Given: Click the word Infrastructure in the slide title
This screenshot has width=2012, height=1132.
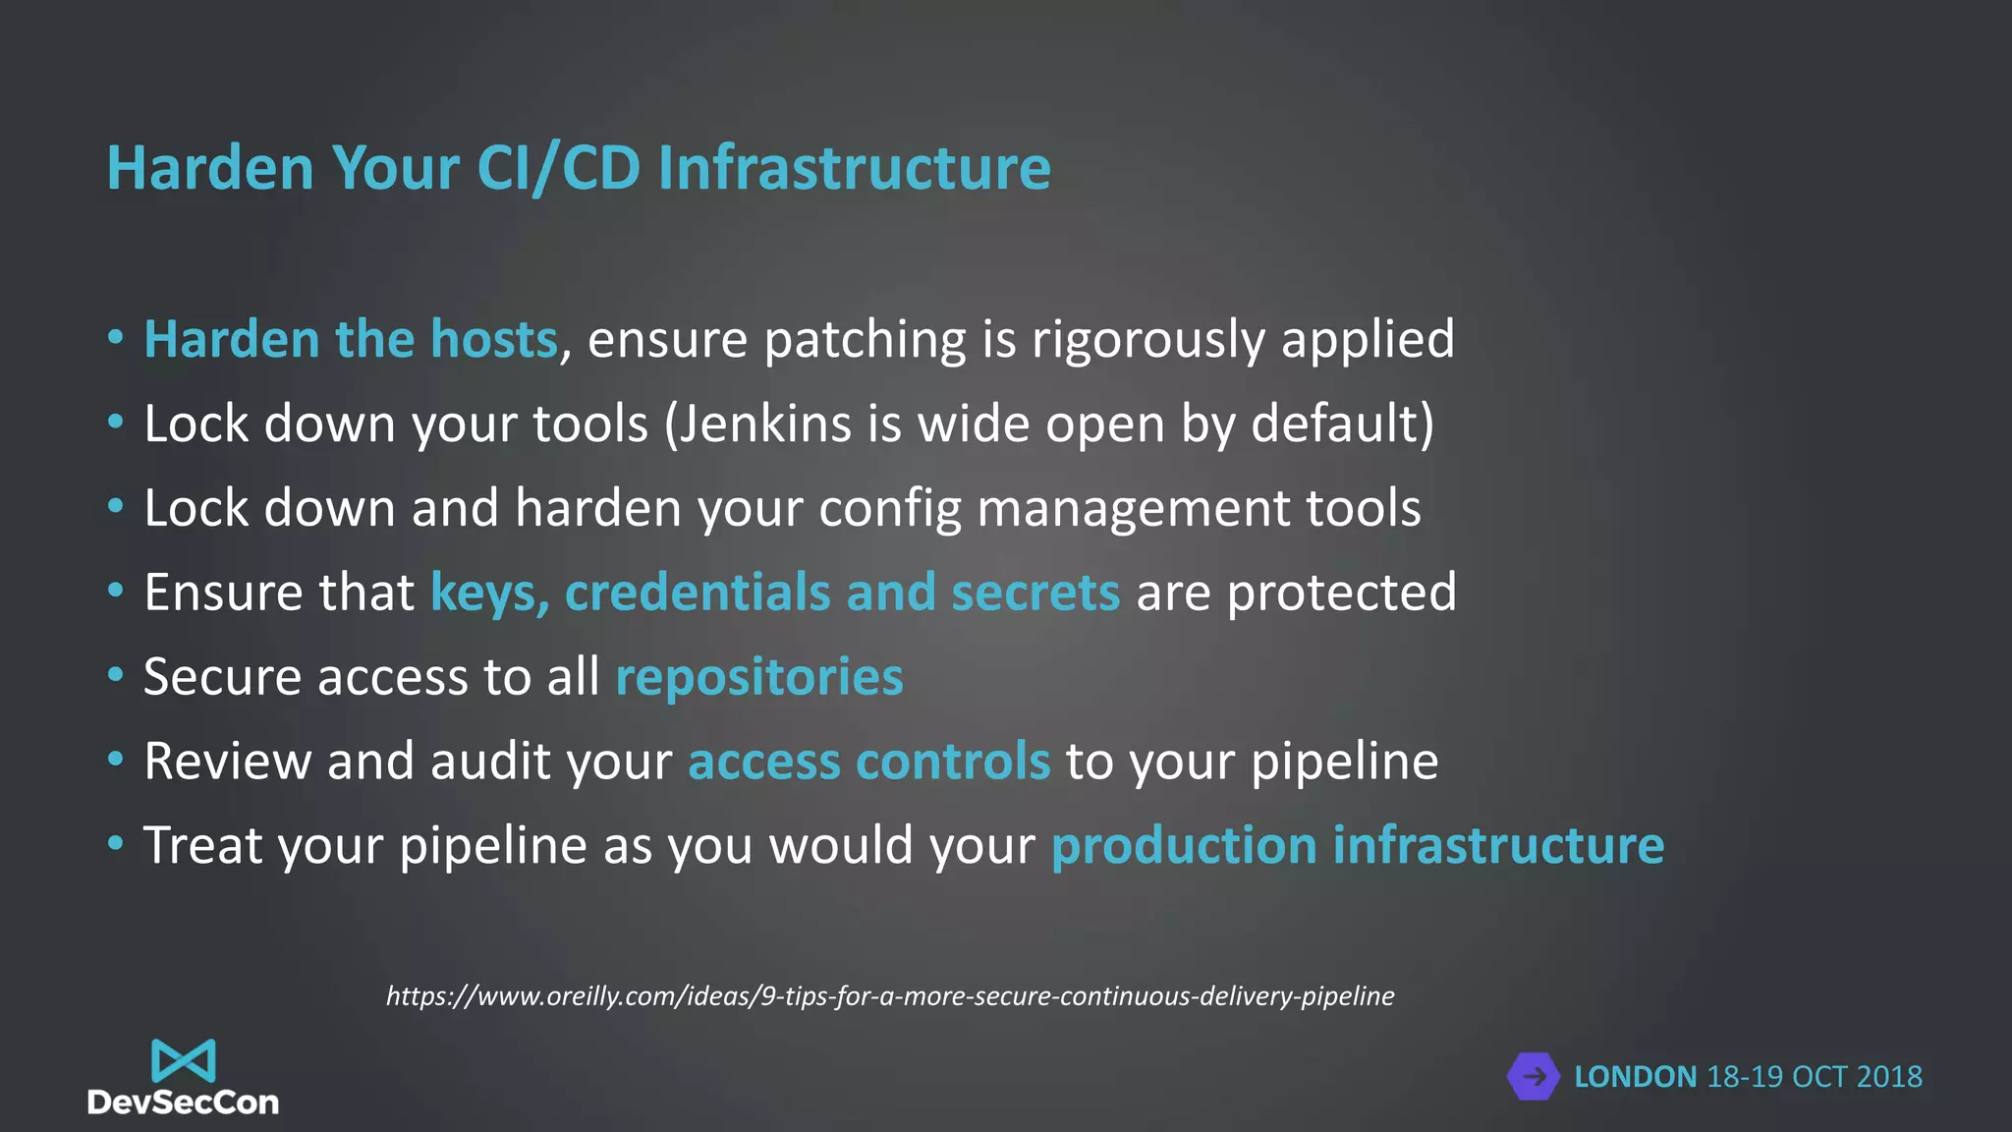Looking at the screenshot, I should (x=854, y=168).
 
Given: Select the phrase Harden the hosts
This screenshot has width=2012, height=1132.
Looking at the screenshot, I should (x=351, y=340).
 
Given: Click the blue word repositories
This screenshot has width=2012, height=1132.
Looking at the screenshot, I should (x=758, y=678).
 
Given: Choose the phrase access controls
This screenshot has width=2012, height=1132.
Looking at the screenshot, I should (x=868, y=763).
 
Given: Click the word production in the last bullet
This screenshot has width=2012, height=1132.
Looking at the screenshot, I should (x=1183, y=847).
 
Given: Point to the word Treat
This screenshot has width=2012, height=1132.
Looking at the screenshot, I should (x=202, y=846).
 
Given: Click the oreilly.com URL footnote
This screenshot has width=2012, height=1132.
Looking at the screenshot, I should (x=889, y=996).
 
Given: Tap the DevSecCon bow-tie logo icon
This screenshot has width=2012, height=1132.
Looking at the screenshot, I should (x=183, y=1061).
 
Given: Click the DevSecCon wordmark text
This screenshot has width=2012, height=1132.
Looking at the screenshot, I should (x=183, y=1104).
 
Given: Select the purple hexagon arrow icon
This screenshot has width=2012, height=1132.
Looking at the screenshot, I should (x=1533, y=1077).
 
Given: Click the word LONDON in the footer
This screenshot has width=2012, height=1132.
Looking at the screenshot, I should (x=1635, y=1077).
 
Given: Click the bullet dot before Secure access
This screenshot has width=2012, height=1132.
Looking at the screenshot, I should (x=116, y=675).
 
